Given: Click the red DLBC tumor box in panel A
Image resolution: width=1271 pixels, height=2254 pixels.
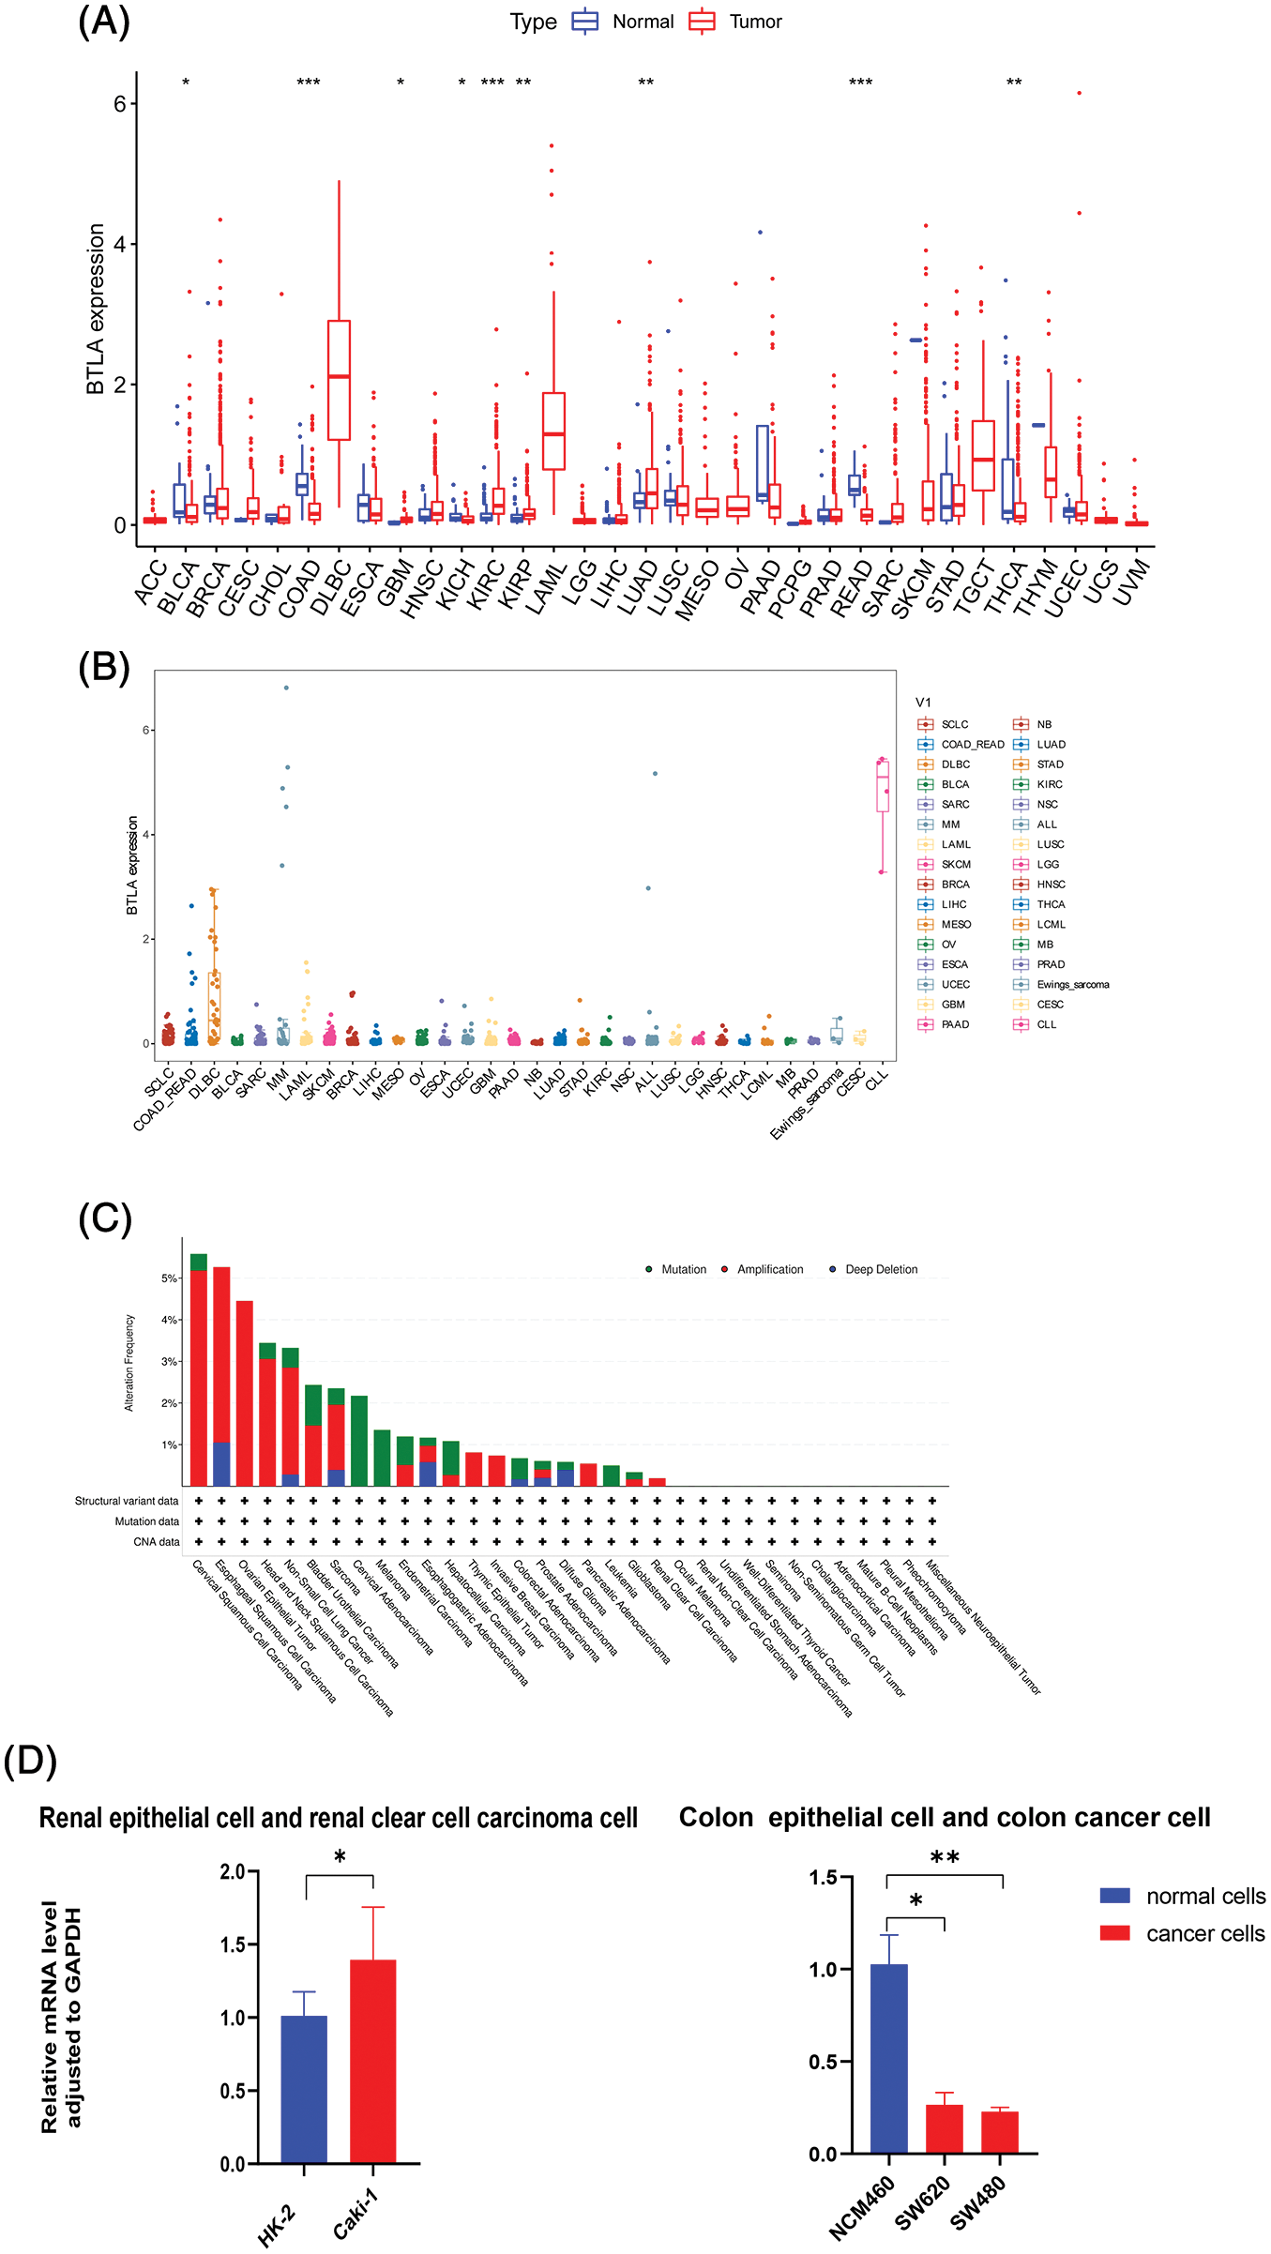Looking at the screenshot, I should tap(339, 380).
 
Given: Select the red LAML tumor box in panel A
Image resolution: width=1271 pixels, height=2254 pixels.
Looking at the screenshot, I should tap(553, 431).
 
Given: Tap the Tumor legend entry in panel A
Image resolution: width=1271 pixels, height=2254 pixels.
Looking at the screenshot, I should tap(736, 22).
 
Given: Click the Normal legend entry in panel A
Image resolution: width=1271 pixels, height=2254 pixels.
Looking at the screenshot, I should tap(624, 22).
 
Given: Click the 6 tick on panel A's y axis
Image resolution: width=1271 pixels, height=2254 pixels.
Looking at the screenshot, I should tap(120, 103).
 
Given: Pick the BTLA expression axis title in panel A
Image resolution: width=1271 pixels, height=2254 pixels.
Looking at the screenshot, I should tap(95, 309).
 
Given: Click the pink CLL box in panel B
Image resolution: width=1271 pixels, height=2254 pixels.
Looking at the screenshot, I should tap(883, 786).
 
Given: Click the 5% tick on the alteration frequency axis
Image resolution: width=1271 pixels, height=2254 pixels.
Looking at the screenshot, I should tap(169, 1278).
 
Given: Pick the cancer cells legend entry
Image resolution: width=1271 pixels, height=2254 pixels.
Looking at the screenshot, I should tap(1182, 1933).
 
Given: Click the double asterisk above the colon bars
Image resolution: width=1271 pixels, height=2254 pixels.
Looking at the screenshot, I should tap(945, 1857).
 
